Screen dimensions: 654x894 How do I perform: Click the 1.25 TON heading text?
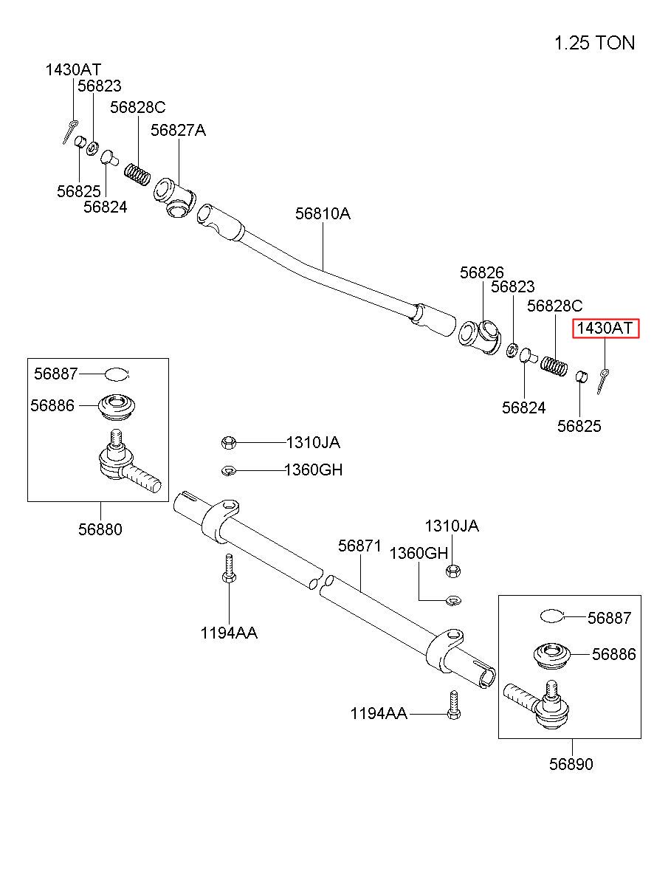coord(594,43)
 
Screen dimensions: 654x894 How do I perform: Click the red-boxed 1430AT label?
coord(605,328)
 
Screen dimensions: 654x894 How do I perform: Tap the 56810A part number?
coord(323,213)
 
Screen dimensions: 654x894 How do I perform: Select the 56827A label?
coord(178,130)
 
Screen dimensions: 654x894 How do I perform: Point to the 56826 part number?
coord(481,272)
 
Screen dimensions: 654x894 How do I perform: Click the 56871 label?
coord(359,546)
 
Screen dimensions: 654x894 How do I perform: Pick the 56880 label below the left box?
coord(100,529)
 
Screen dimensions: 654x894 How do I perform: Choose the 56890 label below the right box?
coord(571,764)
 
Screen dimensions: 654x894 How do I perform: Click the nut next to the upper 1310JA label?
coord(228,443)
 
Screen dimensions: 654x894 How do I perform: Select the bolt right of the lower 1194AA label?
coord(454,705)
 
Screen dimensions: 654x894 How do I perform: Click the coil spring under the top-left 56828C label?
coord(137,175)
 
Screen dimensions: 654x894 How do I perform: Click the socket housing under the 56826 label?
coord(480,336)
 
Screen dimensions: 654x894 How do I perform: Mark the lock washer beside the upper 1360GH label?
coord(229,471)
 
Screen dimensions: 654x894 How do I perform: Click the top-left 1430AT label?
coord(73,70)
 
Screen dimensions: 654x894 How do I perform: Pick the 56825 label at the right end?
coord(579,426)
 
